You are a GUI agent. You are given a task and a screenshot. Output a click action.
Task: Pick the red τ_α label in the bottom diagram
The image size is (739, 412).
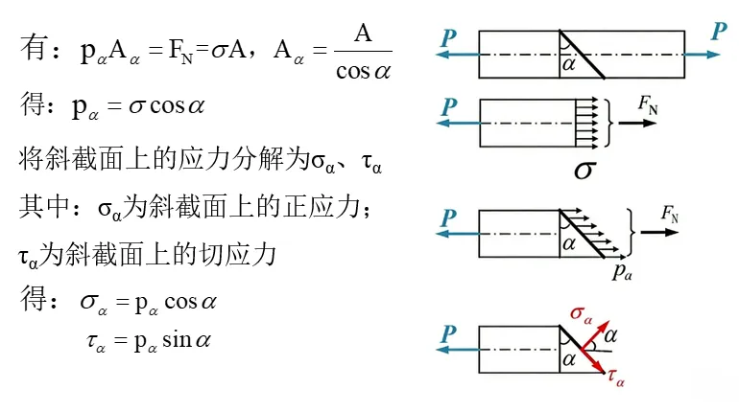[x=616, y=380]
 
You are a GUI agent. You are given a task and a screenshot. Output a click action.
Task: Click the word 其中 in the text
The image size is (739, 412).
[x=41, y=206]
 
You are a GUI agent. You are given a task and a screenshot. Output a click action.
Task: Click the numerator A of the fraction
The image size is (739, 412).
[x=363, y=35]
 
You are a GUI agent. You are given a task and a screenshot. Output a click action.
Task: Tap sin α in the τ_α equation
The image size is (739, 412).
[x=190, y=340]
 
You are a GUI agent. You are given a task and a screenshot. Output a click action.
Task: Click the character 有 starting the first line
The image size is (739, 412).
[x=33, y=52]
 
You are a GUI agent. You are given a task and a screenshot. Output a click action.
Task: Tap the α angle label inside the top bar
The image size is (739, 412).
[x=569, y=64]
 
